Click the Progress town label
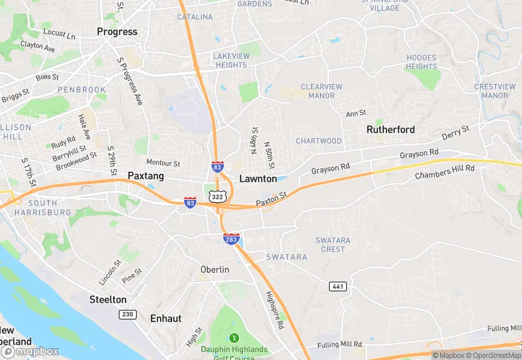point(117,32)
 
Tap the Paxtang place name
point(146,177)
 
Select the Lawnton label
point(258,179)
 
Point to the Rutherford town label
point(390,129)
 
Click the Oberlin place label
point(214,270)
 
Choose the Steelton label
point(108,300)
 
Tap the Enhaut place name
point(166,319)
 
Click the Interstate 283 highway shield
point(231,238)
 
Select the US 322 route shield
point(218,196)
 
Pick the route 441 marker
point(338,285)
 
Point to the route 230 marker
point(126,315)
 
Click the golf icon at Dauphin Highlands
point(234,338)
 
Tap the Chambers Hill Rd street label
point(444,172)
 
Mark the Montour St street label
point(163,164)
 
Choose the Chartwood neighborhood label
point(319,141)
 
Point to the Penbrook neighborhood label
point(82,90)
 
